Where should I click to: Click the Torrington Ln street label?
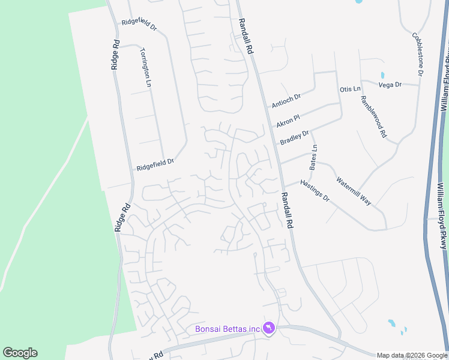coord(145,68)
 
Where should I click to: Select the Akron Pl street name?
coord(288,119)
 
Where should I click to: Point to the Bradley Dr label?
coord(294,137)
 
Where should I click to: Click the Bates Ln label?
coord(313,156)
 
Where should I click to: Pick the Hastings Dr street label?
coord(315,190)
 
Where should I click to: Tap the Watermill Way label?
coord(354,191)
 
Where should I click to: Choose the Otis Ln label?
coord(350,89)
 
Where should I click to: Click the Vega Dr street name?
coord(390,85)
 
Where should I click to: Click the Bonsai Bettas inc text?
coord(227,328)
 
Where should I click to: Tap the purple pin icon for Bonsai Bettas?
coord(269,328)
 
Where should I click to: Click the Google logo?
coord(20,353)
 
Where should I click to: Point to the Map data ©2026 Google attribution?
coord(412,355)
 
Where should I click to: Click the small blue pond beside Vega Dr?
coord(382,76)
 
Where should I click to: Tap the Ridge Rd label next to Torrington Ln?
coord(116,55)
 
